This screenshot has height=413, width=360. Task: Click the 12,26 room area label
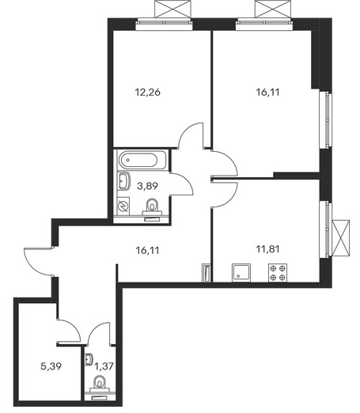point(148,93)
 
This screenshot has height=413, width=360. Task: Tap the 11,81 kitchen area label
point(267,249)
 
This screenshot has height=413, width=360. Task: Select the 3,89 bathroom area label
point(147,186)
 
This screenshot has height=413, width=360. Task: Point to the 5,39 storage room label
point(51,366)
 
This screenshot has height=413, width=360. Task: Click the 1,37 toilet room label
point(104,366)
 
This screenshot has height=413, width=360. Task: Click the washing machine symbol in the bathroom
point(123,206)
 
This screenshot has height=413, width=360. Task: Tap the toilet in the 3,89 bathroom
point(152,207)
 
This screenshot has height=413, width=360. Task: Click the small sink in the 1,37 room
point(89,359)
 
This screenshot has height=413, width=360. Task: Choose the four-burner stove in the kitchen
point(278,273)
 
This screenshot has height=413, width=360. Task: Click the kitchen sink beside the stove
point(241,273)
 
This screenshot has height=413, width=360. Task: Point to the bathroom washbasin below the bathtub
point(123,181)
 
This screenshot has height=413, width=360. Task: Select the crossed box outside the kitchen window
point(341,238)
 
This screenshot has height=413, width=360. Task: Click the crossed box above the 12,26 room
point(172,9)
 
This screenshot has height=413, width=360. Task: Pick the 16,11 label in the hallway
point(148,250)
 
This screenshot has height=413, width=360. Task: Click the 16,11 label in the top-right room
point(267,93)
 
